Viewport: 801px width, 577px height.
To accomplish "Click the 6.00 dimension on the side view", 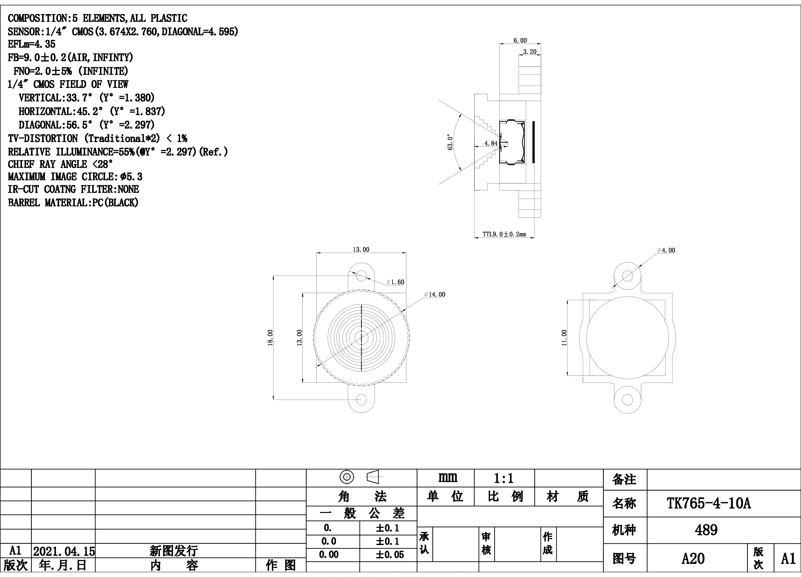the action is click(520, 41).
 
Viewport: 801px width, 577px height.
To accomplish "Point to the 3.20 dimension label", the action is click(529, 52).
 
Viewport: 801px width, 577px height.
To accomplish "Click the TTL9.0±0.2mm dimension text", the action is click(504, 234).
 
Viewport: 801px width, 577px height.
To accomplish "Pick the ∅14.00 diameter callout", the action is click(435, 295).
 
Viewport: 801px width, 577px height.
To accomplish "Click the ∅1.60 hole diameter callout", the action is click(395, 282).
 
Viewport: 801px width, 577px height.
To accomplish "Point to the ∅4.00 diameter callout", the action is click(666, 250).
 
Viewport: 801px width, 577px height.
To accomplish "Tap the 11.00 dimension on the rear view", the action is click(564, 338).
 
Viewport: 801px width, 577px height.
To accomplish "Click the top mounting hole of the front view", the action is click(361, 275).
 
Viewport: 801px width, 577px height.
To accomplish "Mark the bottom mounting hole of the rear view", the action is click(627, 400).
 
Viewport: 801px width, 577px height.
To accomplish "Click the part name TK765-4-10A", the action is click(708, 504).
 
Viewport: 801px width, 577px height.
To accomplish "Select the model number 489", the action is click(706, 530).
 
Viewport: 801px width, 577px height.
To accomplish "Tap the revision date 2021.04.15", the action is click(64, 551).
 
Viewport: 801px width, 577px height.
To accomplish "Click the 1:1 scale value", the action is click(504, 478).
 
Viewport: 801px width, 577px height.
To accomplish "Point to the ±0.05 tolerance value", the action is click(390, 555).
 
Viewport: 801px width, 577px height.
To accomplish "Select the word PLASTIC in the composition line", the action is click(169, 18).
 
